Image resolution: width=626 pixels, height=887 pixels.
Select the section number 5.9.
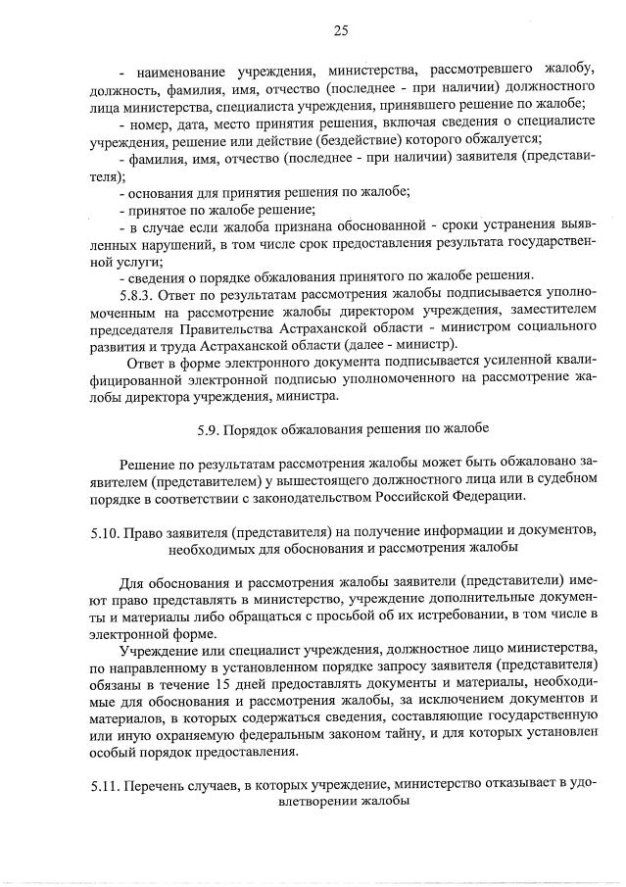pyautogui.click(x=208, y=430)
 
